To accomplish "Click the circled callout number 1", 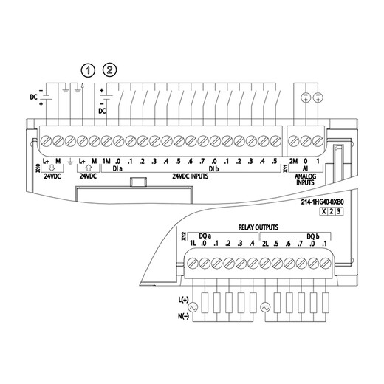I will click(x=89, y=70).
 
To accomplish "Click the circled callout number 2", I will click(x=112, y=70).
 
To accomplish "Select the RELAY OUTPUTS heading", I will click(x=258, y=227).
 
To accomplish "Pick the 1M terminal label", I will click(x=106, y=162).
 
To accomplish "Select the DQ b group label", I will click(x=315, y=236).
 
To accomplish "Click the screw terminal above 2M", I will click(x=293, y=140).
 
